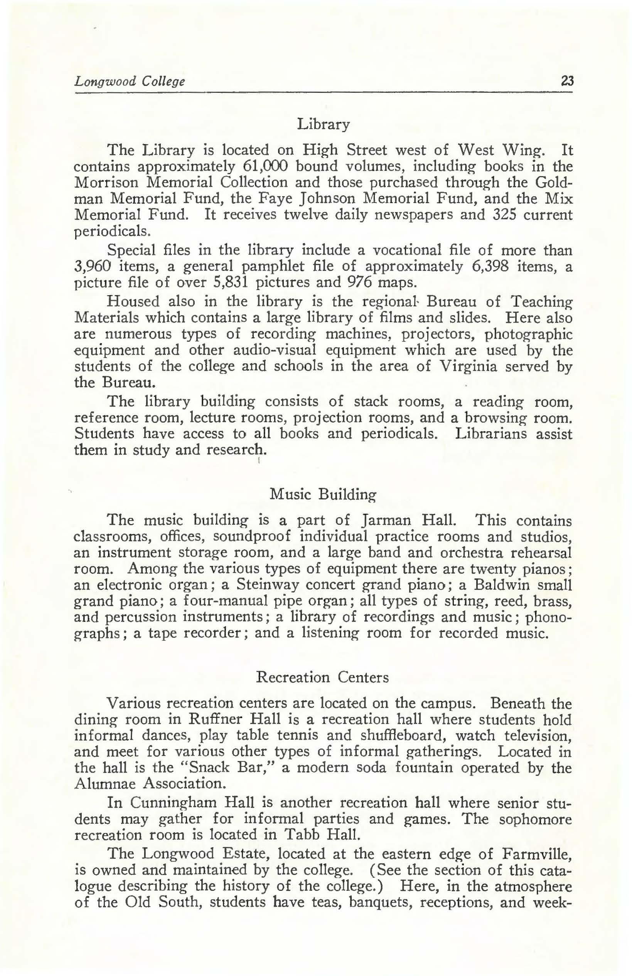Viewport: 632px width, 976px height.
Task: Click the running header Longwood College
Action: (x=129, y=81)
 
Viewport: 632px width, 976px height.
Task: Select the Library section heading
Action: (x=324, y=124)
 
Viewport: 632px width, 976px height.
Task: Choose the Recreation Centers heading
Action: (x=322, y=677)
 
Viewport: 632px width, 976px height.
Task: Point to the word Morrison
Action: (x=106, y=182)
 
